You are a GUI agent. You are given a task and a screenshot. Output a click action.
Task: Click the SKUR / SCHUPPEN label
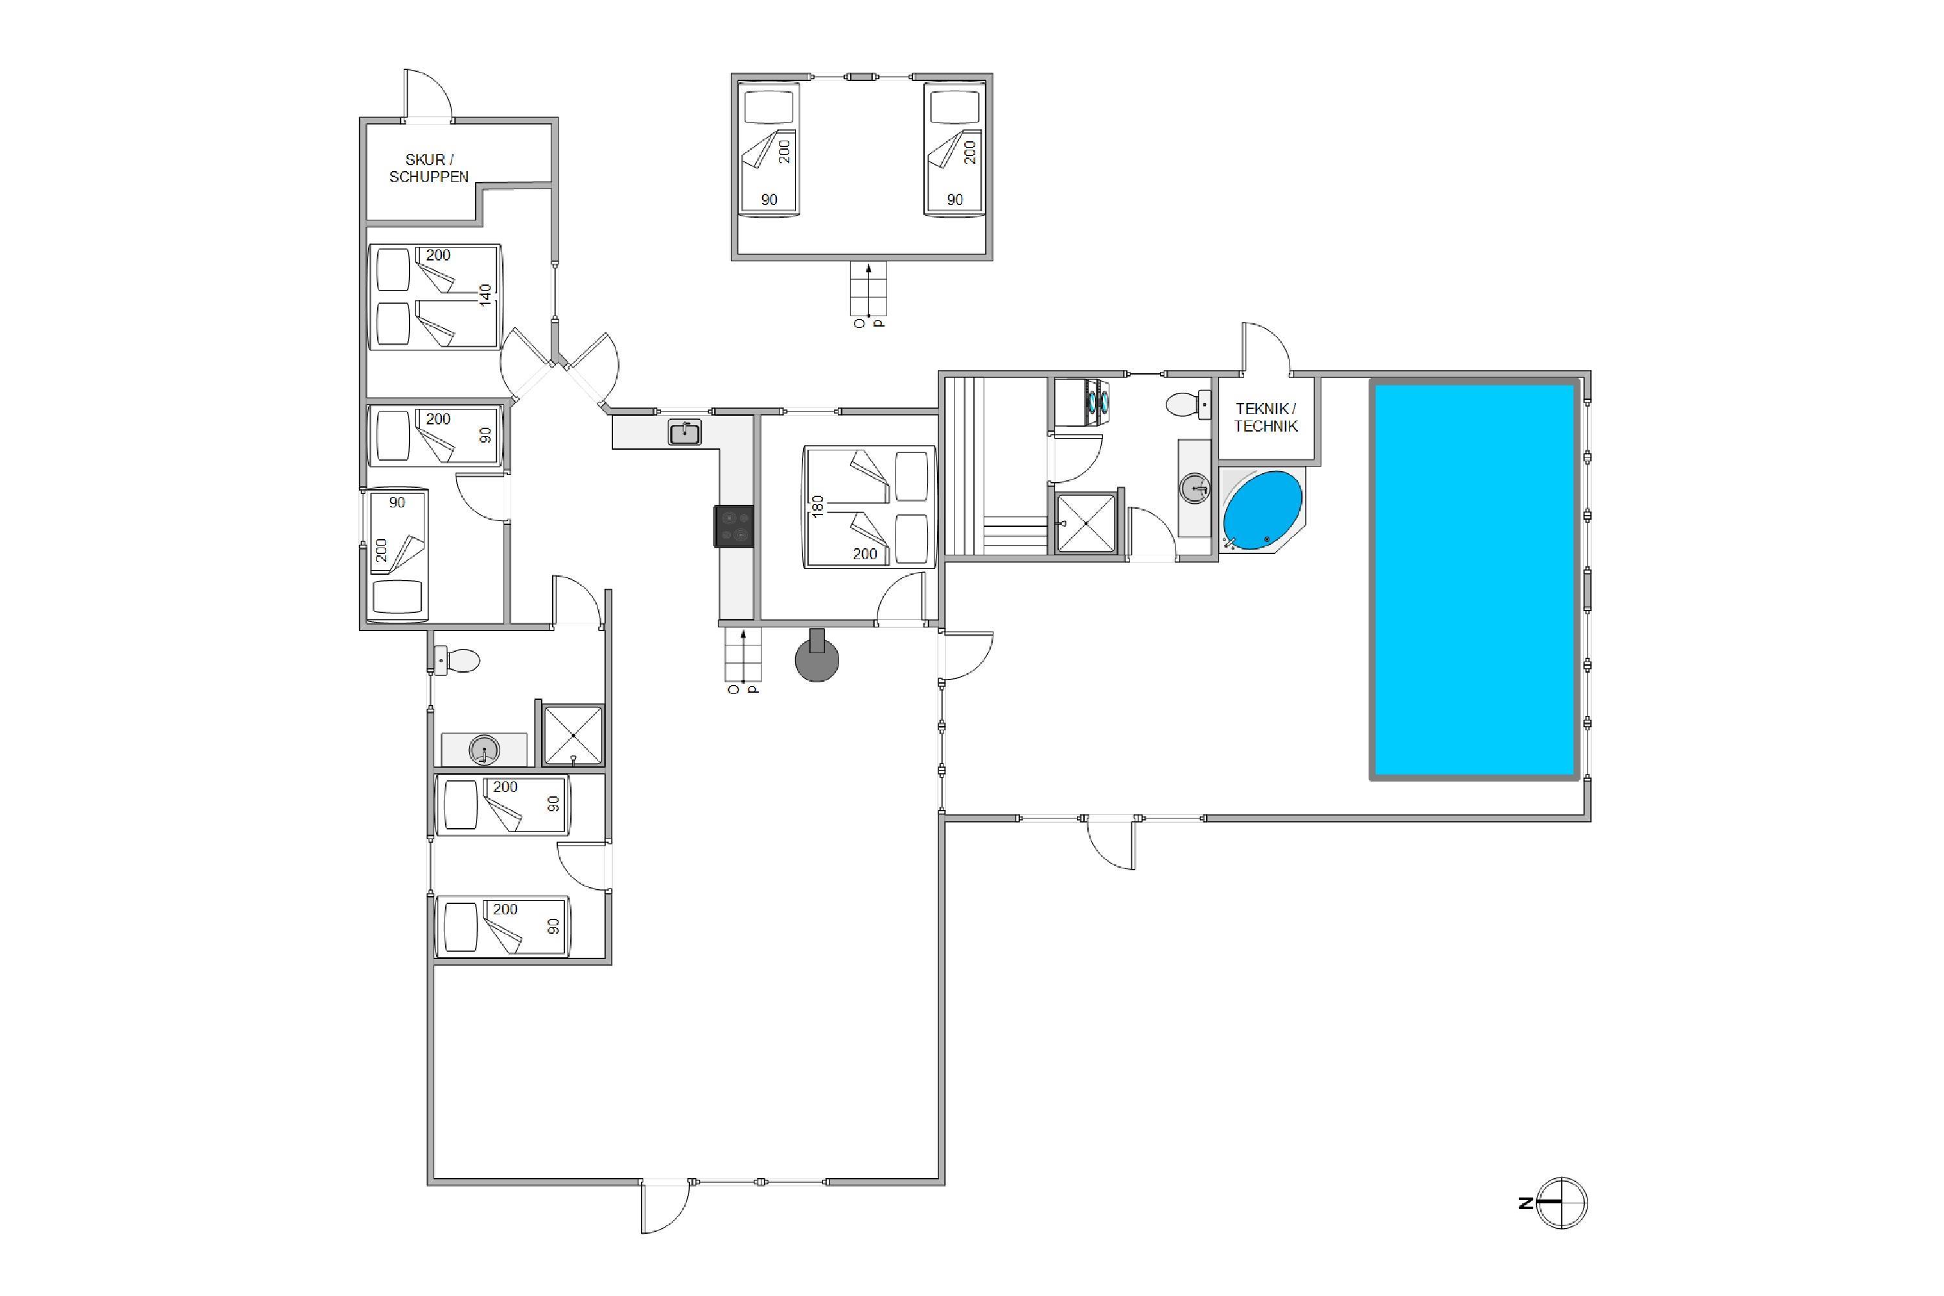[429, 168]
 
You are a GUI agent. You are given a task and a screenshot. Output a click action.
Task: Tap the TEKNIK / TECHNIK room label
[1266, 417]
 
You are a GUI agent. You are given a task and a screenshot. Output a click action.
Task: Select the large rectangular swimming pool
[1475, 579]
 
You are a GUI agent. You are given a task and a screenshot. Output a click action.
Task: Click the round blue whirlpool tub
[1262, 511]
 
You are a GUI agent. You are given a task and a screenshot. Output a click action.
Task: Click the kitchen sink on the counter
[684, 432]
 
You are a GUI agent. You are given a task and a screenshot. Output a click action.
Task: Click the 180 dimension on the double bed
[817, 506]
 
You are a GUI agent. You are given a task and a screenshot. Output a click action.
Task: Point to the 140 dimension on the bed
[485, 294]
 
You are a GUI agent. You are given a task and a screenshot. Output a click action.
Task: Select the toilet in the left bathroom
[456, 660]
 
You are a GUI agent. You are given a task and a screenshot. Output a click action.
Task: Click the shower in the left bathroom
[573, 735]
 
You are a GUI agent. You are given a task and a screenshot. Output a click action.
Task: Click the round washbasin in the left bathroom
[483, 750]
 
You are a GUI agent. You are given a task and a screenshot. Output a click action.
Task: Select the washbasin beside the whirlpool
[1194, 488]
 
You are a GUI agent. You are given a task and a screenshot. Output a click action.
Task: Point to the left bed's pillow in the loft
[769, 108]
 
